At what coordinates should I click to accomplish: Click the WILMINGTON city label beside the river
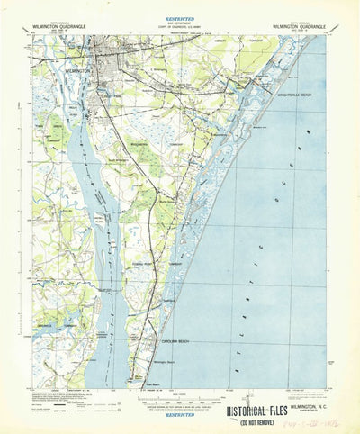pyautogui.click(x=79, y=68)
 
